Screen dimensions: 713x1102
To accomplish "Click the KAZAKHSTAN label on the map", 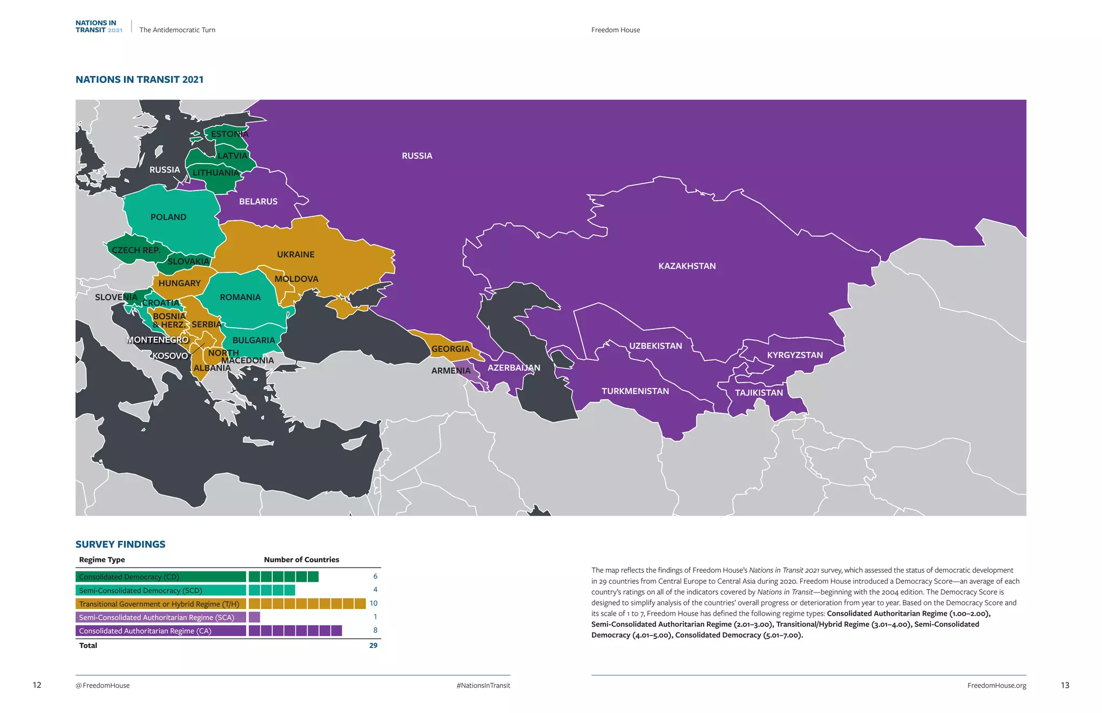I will pos(687,266).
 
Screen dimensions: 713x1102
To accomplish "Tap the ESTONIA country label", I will pos(230,134).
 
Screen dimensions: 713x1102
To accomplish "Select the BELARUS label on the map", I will pos(258,201).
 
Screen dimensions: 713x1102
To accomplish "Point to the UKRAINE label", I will pos(295,255).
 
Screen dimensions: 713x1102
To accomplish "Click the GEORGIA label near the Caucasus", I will pos(450,349).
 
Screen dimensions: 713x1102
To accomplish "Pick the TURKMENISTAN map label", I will pos(635,391).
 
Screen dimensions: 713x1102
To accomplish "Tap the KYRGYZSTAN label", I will pos(795,355).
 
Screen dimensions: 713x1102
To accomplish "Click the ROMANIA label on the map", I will pos(240,297).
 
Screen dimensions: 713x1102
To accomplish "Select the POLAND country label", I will pos(168,217).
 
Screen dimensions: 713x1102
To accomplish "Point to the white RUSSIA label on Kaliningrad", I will pos(165,170).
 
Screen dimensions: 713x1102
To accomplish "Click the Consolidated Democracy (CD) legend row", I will pos(160,577).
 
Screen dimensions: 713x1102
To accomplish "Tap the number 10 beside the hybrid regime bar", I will pos(373,603).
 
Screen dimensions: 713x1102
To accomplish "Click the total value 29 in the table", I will pos(373,645).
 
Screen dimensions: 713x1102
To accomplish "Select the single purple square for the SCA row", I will pos(255,617).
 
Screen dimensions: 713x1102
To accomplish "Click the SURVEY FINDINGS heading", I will pos(121,544).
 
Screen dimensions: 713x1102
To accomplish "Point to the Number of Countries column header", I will pos(301,560).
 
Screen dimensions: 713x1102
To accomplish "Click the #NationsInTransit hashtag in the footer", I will pos(483,686).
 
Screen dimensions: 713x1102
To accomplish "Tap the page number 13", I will pos(1065,685).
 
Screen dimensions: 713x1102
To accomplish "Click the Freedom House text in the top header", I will pos(616,30).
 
